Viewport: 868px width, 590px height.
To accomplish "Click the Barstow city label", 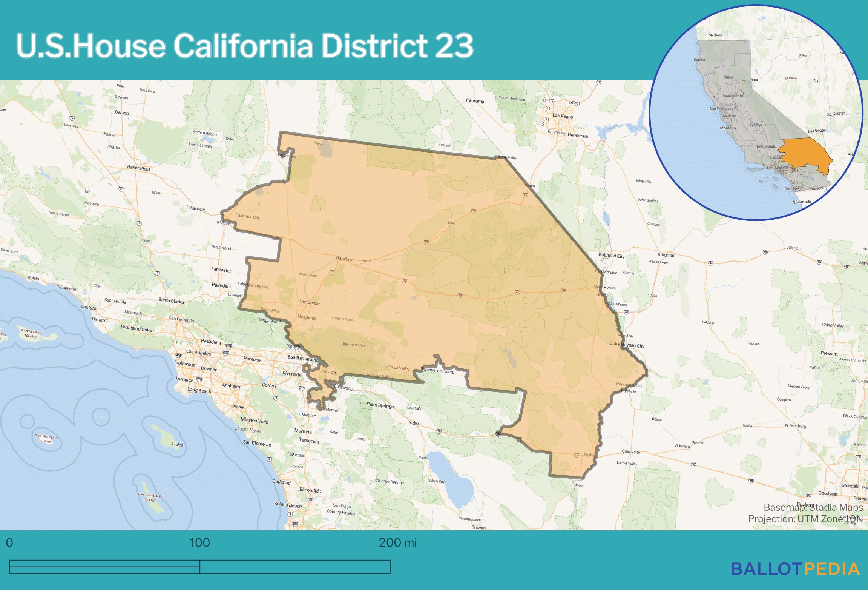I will coord(344,259).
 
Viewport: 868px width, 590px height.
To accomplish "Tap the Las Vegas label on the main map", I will coord(563,116).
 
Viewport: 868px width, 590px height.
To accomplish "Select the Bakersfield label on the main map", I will coord(138,168).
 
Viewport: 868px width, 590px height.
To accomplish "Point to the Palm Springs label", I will coord(380,405).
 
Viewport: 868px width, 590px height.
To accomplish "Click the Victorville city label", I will coord(310,302).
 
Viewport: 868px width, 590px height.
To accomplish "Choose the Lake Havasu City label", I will coord(627,345).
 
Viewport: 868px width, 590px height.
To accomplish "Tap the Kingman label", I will coord(666,255).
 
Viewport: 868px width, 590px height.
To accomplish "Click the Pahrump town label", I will coord(475,101).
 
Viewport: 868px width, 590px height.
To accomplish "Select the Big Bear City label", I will coord(353,344).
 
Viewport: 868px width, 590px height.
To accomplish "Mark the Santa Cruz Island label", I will coord(31,333).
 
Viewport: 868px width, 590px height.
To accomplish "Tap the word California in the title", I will coord(242,45).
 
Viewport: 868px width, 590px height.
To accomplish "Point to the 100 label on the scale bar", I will coord(199,542).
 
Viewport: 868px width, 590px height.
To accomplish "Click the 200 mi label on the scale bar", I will coord(397,542).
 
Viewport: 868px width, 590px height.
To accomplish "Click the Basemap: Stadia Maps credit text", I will coord(813,507).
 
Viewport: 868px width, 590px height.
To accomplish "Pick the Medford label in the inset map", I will coord(715,35).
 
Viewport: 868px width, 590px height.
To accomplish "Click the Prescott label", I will coord(829,353).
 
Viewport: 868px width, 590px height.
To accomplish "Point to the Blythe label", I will coord(589,454).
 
